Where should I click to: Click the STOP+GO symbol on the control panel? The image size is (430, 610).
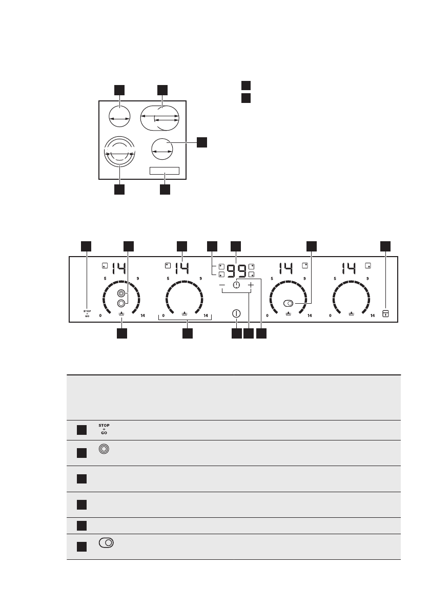coord(87,313)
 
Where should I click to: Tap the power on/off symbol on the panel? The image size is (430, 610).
coord(236,313)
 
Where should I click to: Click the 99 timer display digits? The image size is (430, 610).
coord(236,270)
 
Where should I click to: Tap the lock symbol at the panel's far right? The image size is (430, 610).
coord(385,313)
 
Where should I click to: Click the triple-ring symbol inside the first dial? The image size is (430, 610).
coord(121,293)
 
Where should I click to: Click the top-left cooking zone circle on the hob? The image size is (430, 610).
coord(119,118)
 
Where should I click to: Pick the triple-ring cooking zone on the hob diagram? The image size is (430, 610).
coord(119,152)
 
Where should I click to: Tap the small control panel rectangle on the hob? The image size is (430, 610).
coord(165,171)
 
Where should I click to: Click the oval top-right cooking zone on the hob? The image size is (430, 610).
coord(160,118)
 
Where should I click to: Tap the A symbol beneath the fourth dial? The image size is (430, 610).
coord(352,313)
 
